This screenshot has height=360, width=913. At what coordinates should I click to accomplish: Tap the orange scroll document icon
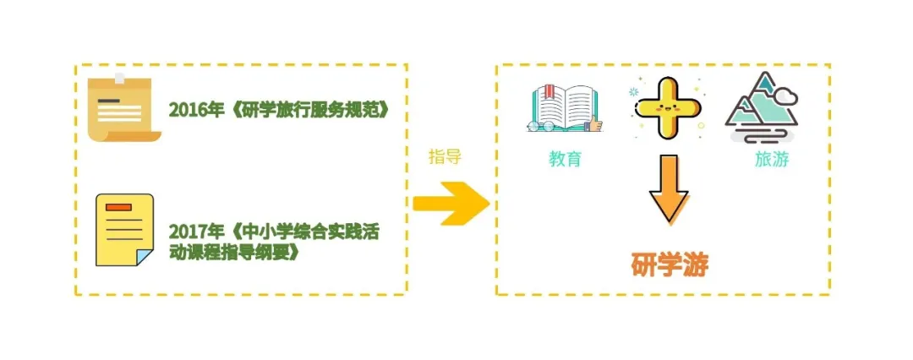click(123, 108)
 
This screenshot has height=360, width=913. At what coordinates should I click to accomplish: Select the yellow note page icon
click(124, 231)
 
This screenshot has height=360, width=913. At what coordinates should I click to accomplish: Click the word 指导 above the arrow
click(445, 156)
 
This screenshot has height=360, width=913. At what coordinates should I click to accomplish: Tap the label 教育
click(565, 159)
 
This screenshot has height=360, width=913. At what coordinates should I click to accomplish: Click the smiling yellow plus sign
click(667, 109)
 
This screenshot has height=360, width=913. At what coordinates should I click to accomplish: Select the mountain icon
click(762, 107)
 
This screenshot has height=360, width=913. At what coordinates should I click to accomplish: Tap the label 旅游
click(772, 159)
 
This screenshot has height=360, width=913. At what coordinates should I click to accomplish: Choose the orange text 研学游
click(670, 265)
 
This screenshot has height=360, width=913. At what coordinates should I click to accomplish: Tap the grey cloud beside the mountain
click(786, 95)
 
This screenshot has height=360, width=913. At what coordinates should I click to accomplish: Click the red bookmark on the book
click(548, 92)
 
